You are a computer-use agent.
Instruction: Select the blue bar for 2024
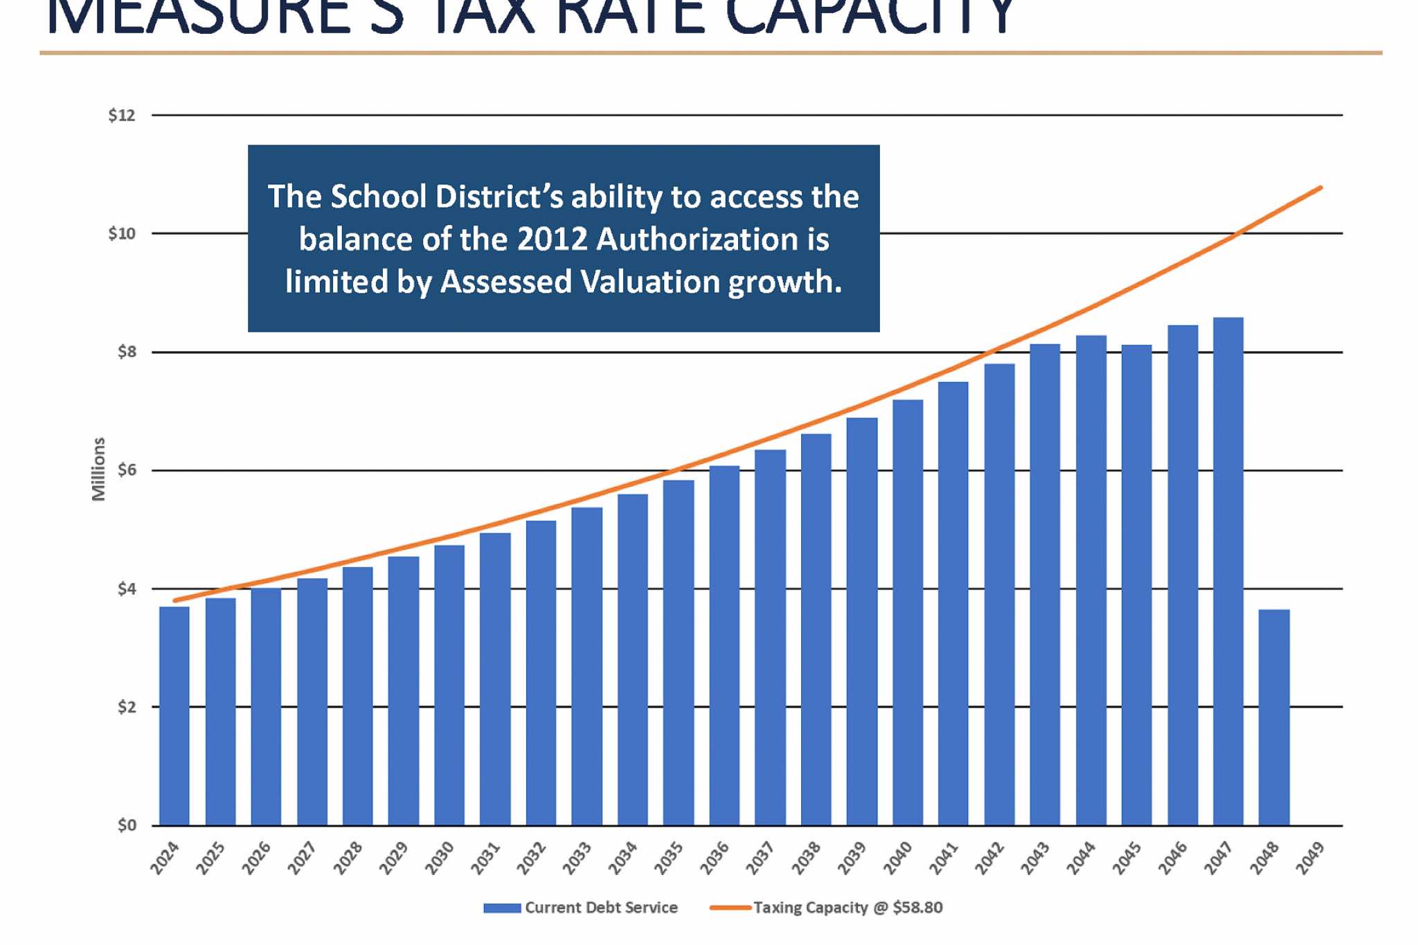click(x=174, y=716)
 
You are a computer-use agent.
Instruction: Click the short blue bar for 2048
click(x=1274, y=717)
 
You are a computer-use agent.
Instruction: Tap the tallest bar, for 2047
click(x=1228, y=571)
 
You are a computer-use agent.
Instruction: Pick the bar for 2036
click(x=724, y=645)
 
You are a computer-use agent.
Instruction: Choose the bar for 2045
click(x=1136, y=585)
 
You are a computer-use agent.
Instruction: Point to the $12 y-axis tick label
click(x=122, y=116)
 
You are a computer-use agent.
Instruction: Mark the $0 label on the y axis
click(x=126, y=825)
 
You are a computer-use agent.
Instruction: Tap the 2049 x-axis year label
click(x=1310, y=858)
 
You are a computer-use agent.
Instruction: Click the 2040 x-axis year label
click(x=898, y=858)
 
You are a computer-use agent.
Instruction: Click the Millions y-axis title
click(x=99, y=469)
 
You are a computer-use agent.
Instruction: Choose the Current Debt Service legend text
click(x=601, y=908)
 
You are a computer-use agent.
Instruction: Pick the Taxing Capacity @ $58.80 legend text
click(x=848, y=908)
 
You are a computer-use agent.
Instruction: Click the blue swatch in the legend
click(x=502, y=908)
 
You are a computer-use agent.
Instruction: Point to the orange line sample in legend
click(x=730, y=908)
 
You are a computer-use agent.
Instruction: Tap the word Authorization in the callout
click(x=696, y=240)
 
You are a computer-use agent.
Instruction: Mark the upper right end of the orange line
click(x=1320, y=188)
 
